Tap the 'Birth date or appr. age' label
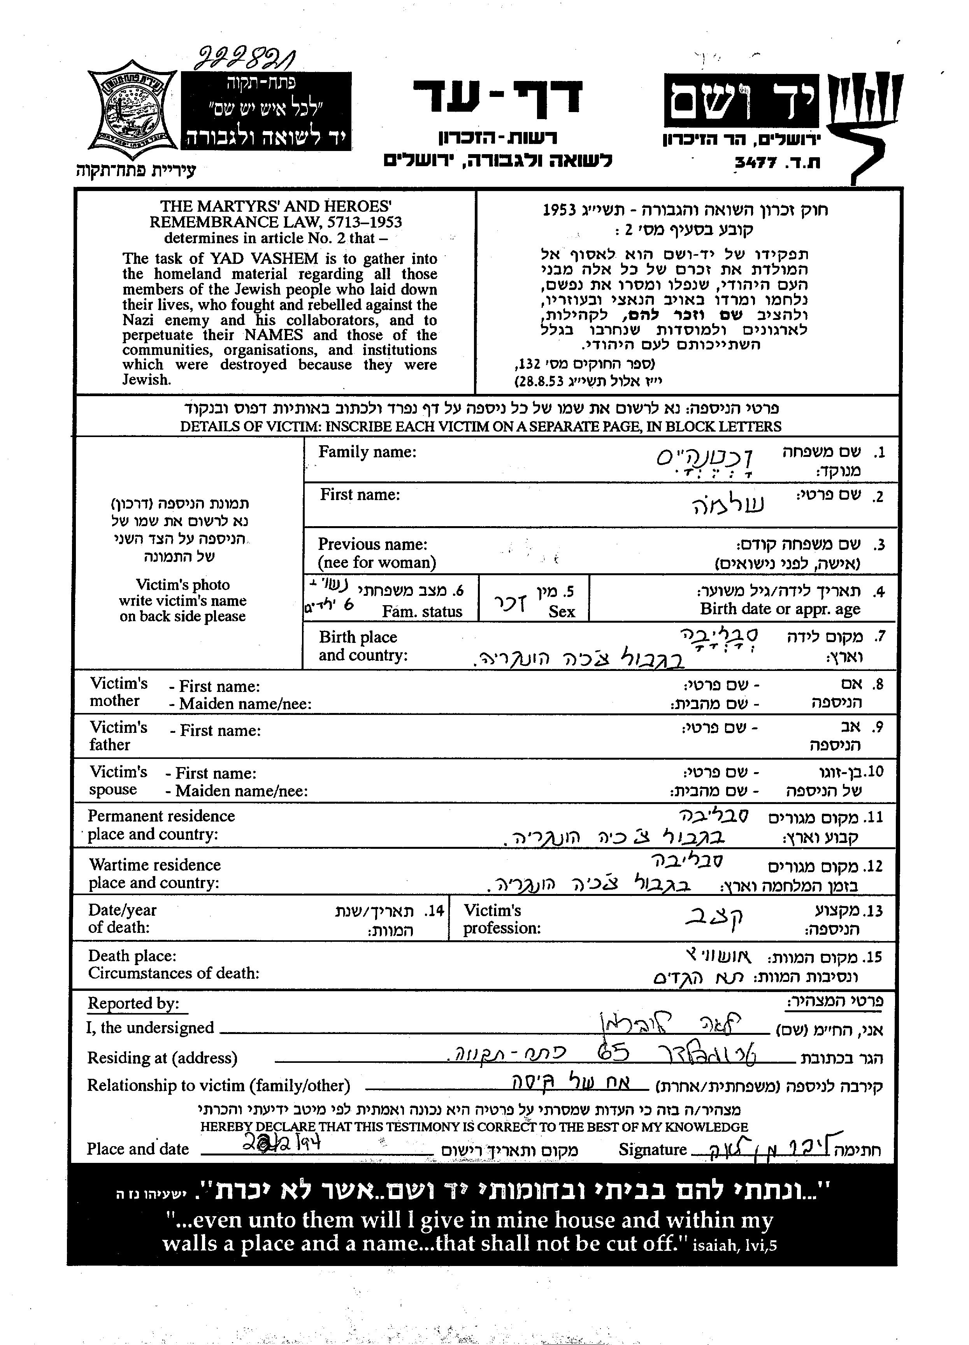pos(780,609)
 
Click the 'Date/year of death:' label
pos(123,918)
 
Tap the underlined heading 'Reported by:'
pos(133,1003)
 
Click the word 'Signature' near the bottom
pos(652,1149)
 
